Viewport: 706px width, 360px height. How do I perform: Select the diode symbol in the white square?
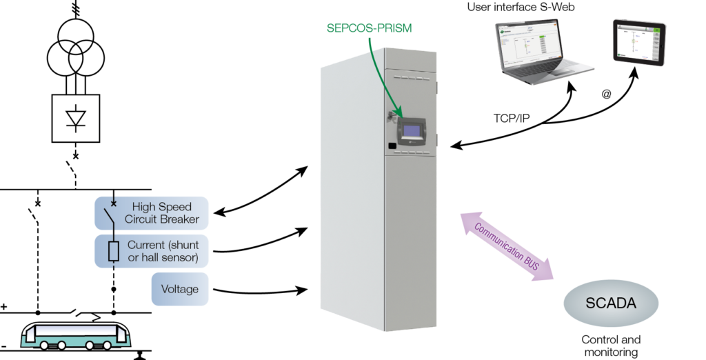[x=76, y=119]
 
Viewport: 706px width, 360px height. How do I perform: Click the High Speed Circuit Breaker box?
[x=152, y=212]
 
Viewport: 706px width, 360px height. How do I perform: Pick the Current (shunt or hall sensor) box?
[x=152, y=251]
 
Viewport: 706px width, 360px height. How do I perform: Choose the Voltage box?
[x=180, y=288]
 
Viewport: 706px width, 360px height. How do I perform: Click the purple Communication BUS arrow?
[x=507, y=246]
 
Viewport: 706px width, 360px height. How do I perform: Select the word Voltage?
[x=180, y=288]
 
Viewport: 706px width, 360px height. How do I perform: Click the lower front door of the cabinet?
[x=410, y=241]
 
